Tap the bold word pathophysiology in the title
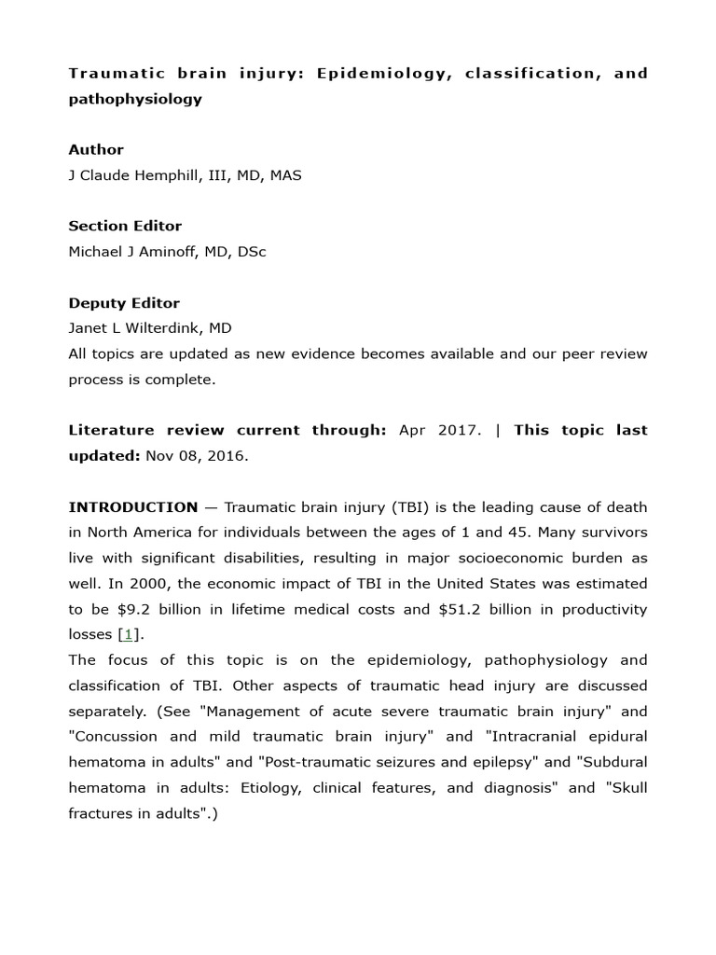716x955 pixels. coord(134,99)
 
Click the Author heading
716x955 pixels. coord(95,149)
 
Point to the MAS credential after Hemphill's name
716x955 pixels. coord(285,175)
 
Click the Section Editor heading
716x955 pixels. coord(125,226)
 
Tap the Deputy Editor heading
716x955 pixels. coord(124,303)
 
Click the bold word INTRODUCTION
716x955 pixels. coord(133,507)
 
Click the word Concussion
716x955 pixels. coord(113,737)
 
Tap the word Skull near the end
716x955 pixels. coord(627,787)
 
